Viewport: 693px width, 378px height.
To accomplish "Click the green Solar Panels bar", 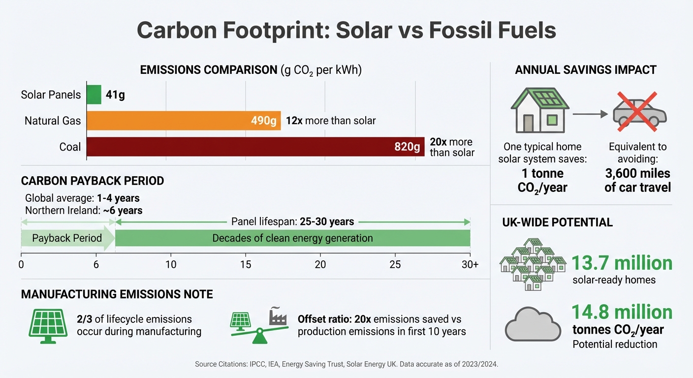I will (x=94, y=94).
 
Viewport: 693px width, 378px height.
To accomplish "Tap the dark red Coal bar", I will (x=255, y=147).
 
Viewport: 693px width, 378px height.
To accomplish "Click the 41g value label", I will (x=115, y=95).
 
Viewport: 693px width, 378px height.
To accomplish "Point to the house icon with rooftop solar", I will (x=540, y=110).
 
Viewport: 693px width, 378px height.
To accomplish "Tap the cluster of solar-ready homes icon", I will (x=532, y=264).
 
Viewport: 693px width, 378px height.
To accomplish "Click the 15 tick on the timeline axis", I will (x=246, y=264).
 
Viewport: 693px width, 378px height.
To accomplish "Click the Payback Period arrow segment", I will (x=67, y=239).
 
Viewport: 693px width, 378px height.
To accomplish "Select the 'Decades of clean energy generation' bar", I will (x=292, y=239).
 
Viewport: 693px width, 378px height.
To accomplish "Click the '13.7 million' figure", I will (x=622, y=263).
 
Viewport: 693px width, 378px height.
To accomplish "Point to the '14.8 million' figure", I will (x=622, y=312).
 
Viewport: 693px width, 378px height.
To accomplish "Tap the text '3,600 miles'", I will (x=637, y=173).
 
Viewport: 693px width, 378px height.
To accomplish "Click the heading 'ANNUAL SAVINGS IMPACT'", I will (x=586, y=70).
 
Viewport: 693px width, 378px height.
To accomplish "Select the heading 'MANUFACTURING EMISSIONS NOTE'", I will (x=117, y=294).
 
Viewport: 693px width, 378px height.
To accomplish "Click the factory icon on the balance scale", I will (x=278, y=317).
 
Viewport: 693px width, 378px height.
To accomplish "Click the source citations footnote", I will (x=346, y=364).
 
